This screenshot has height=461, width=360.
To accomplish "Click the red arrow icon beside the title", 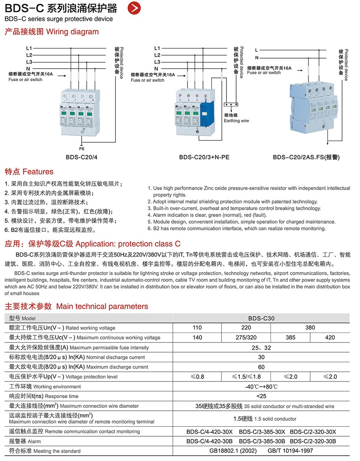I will (x=134, y=8).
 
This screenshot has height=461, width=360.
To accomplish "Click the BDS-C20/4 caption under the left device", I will (x=82, y=157).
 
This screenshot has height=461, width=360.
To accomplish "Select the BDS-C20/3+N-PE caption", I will (x=204, y=157).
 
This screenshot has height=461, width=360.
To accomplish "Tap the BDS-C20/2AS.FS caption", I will (x=306, y=157).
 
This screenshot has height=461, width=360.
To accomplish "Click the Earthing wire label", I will (x=236, y=121).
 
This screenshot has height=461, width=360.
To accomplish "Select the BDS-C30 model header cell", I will (x=261, y=318).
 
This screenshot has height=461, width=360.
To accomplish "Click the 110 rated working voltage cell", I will (x=197, y=328).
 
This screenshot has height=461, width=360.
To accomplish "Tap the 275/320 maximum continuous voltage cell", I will (x=246, y=337).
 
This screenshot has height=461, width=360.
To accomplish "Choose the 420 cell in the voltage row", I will (x=330, y=337).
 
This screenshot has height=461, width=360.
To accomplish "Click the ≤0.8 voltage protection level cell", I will (x=197, y=377).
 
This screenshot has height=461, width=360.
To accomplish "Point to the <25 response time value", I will (x=261, y=396).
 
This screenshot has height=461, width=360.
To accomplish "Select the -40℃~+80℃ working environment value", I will (x=261, y=386).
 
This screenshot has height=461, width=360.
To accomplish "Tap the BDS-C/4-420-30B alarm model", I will (x=209, y=441).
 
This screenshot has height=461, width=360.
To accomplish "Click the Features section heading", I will (x=29, y=172).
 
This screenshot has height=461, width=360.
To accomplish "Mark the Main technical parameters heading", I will (x=76, y=306).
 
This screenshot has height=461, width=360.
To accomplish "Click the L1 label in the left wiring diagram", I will (x=29, y=48).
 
